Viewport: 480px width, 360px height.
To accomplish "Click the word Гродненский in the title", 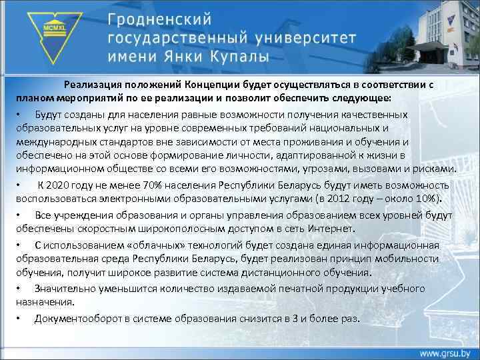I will point(164,17).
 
